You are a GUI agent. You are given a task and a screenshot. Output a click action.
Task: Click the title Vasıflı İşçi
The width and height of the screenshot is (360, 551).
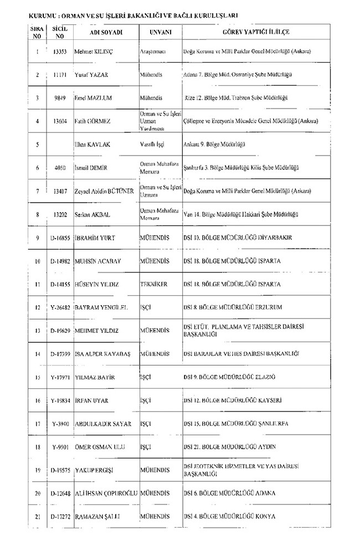(x=153, y=144)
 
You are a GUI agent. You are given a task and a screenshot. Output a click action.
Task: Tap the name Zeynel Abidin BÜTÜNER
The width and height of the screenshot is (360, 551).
(x=105, y=190)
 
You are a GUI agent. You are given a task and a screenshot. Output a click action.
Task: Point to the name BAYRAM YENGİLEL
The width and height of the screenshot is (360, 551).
(x=101, y=307)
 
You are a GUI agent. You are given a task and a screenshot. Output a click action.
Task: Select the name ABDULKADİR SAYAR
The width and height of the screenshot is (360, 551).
(x=102, y=424)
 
